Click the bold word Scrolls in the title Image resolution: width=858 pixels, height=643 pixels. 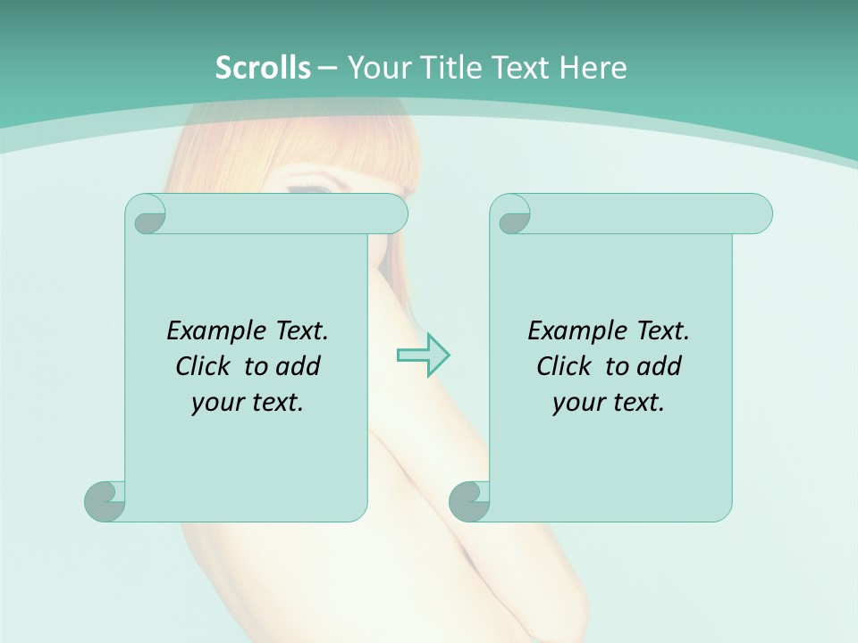pos(264,67)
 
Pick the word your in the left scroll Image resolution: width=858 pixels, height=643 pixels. pos(214,403)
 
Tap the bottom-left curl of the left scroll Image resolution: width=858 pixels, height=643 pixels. pos(105,502)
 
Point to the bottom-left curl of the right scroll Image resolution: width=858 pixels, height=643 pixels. pos(468,502)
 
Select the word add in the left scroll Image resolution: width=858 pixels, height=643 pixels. pos(299,366)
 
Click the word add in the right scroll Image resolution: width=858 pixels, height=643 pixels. pos(660,366)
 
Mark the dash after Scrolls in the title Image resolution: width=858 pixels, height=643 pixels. pos(326,67)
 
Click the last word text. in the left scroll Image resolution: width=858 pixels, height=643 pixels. pos(273,403)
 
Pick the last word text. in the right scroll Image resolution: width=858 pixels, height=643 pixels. pos(635,403)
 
